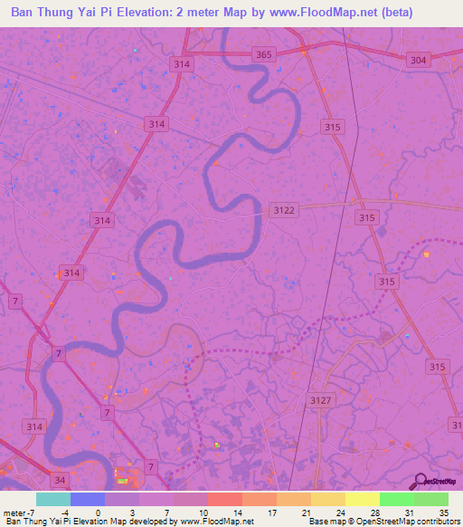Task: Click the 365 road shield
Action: click(263, 55)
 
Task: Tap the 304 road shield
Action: click(417, 60)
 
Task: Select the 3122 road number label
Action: click(284, 210)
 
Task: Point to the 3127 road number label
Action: click(321, 399)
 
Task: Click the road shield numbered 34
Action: click(61, 479)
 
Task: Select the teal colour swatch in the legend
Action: click(53, 499)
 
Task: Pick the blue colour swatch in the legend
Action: click(88, 499)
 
